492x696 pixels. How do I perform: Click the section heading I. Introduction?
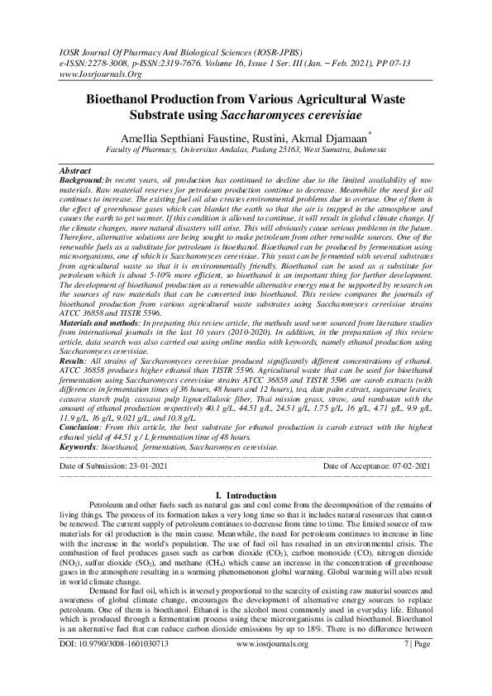(247, 494)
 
